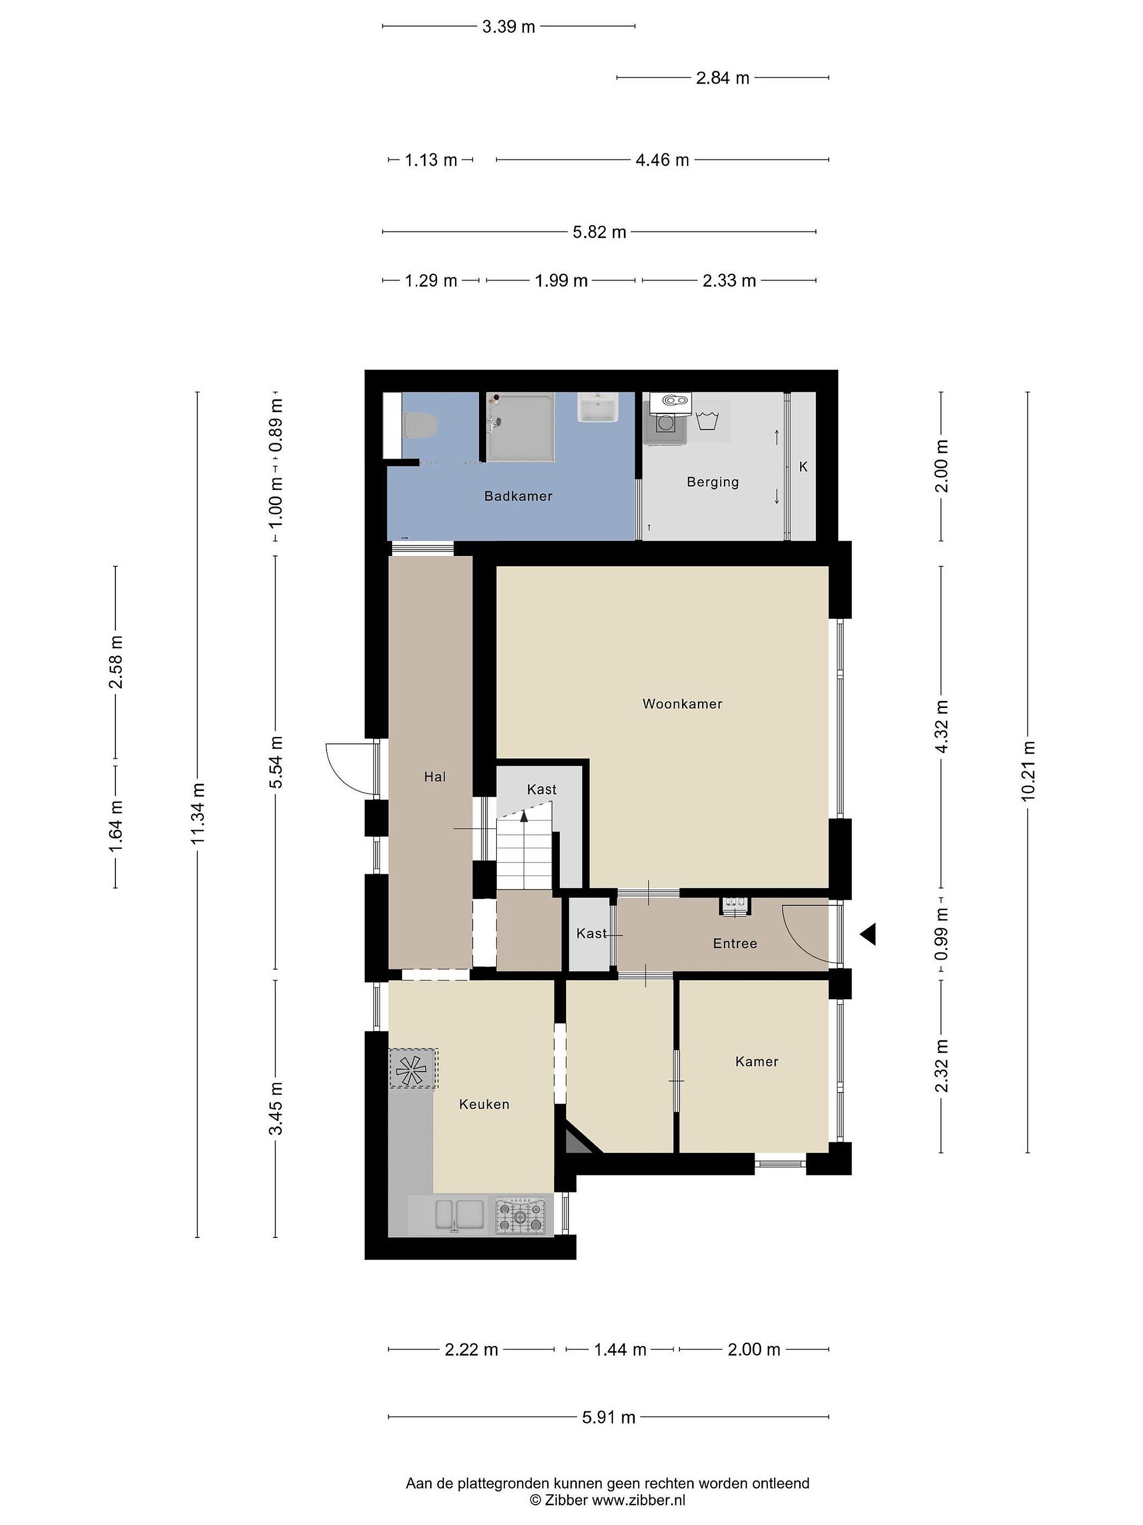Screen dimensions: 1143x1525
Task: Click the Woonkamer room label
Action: click(682, 704)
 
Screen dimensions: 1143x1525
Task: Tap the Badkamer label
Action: click(518, 496)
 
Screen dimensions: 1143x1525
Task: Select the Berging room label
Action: click(712, 482)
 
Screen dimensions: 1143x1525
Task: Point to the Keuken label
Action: click(484, 1104)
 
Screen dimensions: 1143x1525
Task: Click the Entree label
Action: click(735, 943)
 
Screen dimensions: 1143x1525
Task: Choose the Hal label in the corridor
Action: click(435, 777)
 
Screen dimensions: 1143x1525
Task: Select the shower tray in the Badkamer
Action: click(520, 427)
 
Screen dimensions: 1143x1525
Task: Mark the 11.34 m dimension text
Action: click(198, 813)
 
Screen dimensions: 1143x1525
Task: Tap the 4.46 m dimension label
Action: click(662, 160)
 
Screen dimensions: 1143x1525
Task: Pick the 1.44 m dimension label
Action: click(620, 1349)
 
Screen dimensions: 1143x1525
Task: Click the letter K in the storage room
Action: click(803, 467)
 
